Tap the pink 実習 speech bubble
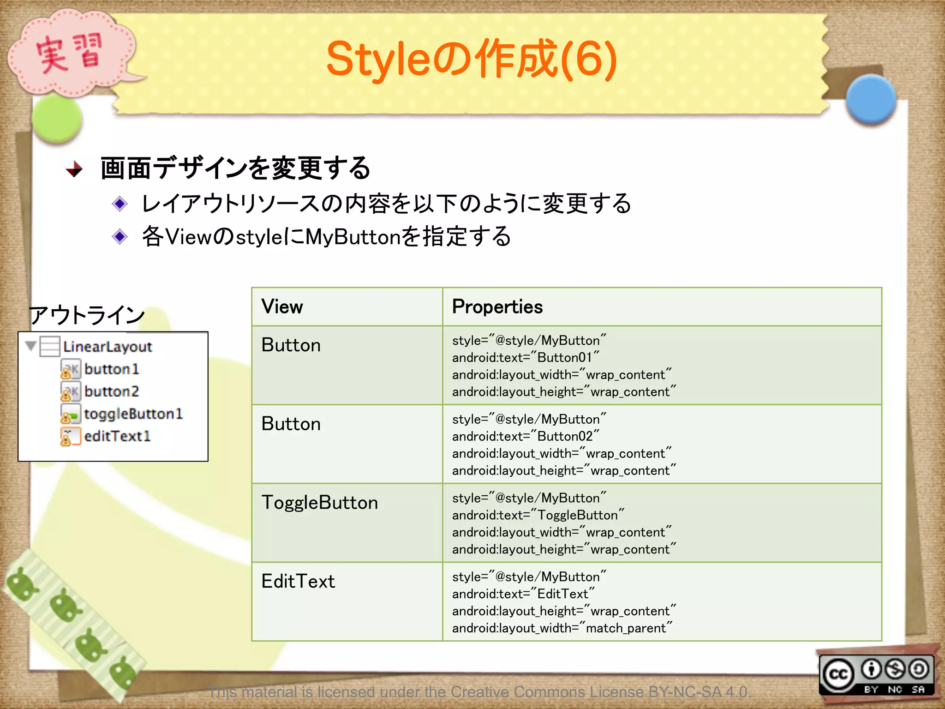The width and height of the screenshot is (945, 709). click(x=69, y=53)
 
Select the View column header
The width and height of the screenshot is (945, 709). click(x=282, y=307)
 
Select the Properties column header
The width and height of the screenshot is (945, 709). click(x=497, y=307)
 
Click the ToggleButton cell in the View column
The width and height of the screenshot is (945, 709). click(x=319, y=503)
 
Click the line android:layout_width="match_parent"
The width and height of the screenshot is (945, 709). click(x=562, y=628)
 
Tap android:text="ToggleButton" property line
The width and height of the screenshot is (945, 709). click(x=538, y=515)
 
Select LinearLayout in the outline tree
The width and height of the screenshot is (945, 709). click(x=107, y=347)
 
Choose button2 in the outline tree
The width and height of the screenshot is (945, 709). click(x=111, y=391)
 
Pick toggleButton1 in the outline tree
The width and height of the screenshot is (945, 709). click(x=133, y=414)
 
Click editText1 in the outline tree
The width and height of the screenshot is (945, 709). click(x=117, y=436)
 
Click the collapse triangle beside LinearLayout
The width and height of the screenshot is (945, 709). click(x=31, y=346)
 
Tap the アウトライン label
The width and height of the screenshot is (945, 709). click(x=87, y=315)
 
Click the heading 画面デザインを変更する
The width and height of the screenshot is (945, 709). click(x=235, y=168)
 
